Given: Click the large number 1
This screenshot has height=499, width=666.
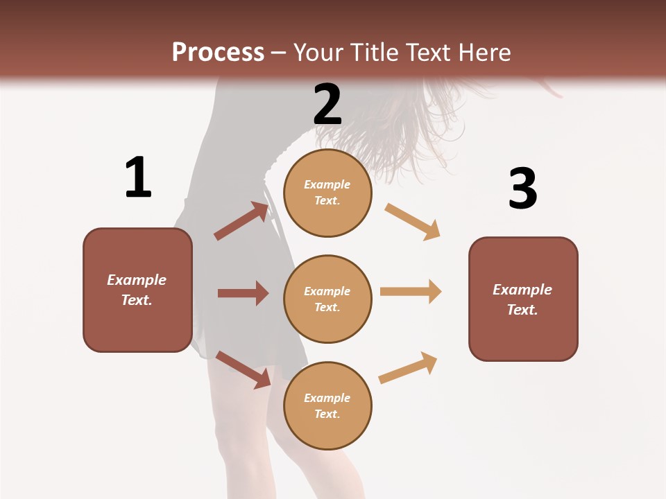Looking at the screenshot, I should (138, 177).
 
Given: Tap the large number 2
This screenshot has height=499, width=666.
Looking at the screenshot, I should (327, 105).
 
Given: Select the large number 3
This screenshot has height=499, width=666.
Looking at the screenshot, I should (523, 189).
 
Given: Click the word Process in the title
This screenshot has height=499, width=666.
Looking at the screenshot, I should (218, 52).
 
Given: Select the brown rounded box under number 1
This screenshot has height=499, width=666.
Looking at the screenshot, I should (137, 290).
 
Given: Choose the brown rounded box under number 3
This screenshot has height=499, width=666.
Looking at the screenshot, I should (523, 299).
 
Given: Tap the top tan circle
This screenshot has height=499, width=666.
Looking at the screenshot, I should (327, 193).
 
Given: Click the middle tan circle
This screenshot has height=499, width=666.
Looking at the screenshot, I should (327, 299).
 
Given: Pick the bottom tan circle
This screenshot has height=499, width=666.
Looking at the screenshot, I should (327, 406).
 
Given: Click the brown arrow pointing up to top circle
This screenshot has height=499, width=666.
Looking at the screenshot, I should (241, 221).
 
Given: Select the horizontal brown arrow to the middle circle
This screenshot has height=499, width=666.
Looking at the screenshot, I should (243, 293).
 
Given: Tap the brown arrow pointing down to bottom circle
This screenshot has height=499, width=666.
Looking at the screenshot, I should (243, 369).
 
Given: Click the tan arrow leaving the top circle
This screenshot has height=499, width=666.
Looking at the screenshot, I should (413, 221).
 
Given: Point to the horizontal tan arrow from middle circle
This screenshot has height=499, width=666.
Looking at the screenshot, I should (411, 292).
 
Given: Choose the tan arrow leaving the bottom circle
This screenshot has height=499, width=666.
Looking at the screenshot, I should (409, 367).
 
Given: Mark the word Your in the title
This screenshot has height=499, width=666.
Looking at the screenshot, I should (320, 52).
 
